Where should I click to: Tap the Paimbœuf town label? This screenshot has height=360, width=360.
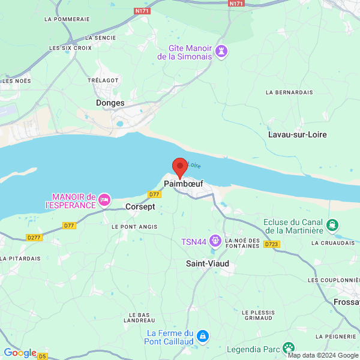click(x=183, y=183)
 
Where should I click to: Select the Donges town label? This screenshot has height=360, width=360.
click(x=110, y=103)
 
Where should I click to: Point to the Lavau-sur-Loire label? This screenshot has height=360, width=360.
click(x=298, y=134)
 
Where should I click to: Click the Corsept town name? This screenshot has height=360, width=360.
click(x=140, y=206)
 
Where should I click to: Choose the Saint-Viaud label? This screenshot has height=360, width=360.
click(x=208, y=263)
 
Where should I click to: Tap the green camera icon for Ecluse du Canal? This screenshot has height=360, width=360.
click(x=332, y=226)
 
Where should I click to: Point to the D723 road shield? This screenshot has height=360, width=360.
click(x=271, y=244)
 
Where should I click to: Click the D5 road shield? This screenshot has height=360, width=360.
click(x=43, y=356)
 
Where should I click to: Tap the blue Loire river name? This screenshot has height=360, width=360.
click(x=194, y=165)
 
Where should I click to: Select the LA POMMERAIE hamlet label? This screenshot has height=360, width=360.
click(x=67, y=19)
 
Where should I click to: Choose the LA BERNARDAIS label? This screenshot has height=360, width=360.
click(x=289, y=92)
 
